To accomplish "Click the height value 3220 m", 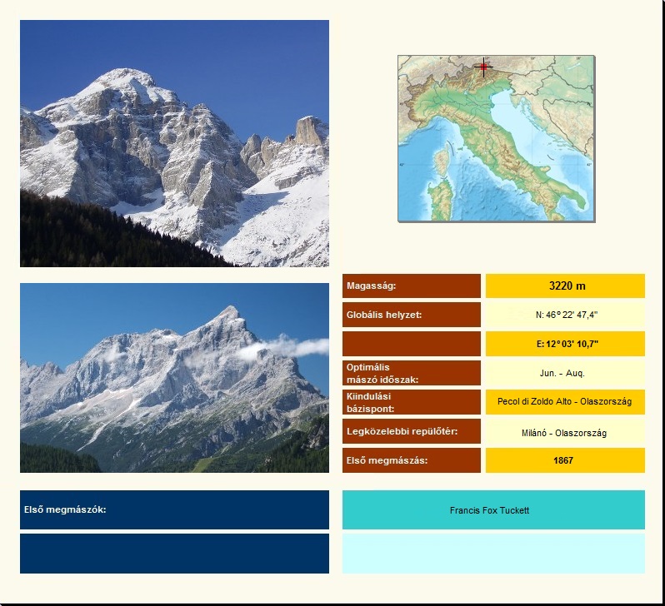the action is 567,286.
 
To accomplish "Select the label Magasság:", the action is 371,286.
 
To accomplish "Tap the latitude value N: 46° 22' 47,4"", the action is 567,315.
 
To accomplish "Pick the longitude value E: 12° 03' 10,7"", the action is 567,344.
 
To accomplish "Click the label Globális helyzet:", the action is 384,315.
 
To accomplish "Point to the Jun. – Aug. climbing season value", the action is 562,374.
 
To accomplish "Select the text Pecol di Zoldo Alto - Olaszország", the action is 564,401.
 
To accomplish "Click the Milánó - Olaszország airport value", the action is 564,433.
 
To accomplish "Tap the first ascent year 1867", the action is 563,460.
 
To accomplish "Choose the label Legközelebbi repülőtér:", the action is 402,431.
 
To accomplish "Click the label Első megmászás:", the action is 387,460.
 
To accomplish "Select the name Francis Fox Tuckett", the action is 489,510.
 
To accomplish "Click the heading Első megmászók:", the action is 65,509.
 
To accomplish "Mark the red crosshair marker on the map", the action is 483,67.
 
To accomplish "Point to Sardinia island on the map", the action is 441,198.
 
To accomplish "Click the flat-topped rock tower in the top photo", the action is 308,130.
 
